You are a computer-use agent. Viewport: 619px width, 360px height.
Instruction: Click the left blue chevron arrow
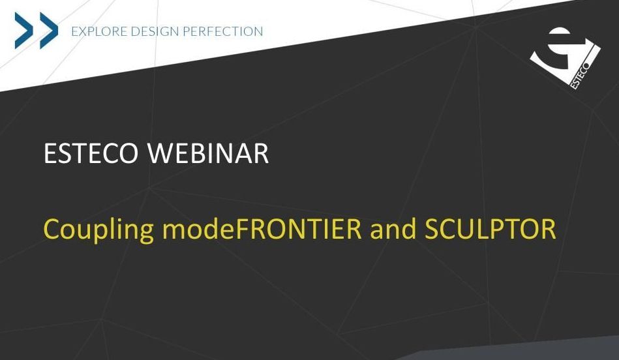point(24,31)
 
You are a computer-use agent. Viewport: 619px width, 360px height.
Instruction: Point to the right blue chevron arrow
point(49,31)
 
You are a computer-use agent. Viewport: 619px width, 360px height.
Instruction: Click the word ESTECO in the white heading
point(91,153)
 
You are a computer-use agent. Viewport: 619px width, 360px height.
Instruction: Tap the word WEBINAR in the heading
point(208,153)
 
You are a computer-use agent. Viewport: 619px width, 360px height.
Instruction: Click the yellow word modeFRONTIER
point(262,229)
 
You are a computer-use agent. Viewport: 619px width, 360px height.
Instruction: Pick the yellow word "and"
point(393,229)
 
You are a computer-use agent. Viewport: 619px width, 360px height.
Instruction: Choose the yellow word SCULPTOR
point(491,229)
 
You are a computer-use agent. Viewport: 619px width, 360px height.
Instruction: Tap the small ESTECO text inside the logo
point(579,76)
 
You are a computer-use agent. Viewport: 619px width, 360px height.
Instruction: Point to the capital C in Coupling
point(51,229)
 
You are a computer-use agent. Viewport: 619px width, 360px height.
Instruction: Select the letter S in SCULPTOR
point(432,229)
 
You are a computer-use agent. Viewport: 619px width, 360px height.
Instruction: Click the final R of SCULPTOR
point(549,229)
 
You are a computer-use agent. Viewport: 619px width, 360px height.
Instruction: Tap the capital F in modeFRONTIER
point(241,229)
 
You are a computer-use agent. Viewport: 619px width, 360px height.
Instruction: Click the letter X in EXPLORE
point(82,31)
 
